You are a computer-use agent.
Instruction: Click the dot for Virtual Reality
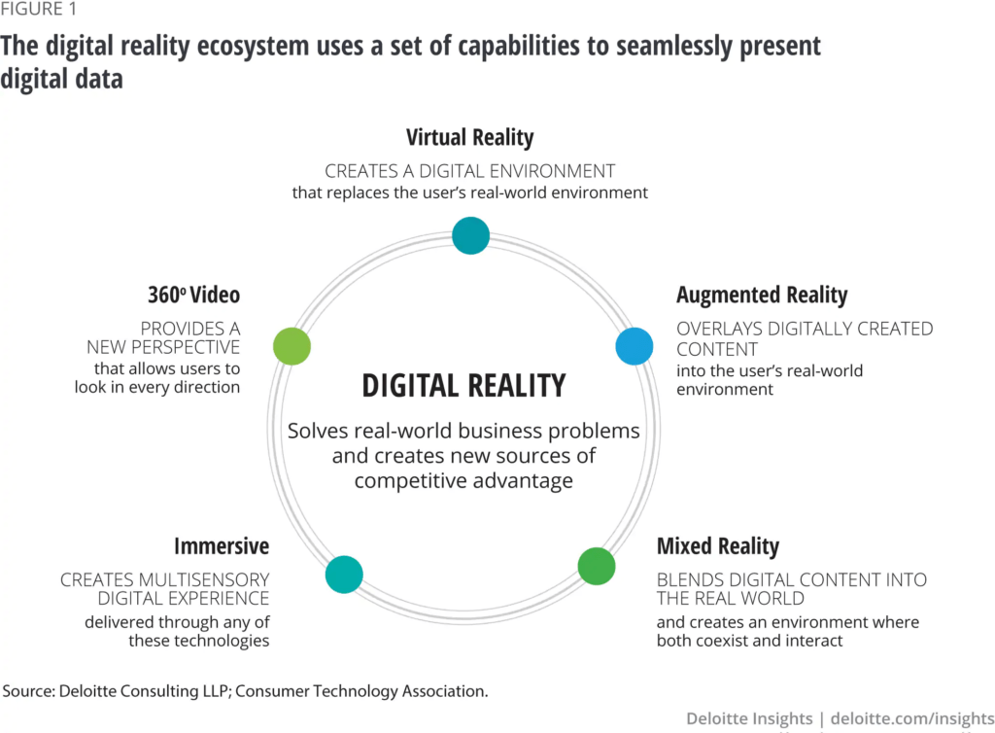pos(471,235)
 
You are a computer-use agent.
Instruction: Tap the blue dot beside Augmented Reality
pos(635,346)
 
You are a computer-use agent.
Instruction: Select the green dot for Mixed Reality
pos(597,566)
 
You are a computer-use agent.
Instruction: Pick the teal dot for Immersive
pos(344,575)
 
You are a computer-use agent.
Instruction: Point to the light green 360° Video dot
pos(292,346)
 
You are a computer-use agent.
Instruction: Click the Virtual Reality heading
pos(469,138)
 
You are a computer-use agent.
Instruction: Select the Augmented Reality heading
pos(762,296)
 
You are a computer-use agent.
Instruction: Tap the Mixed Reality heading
pos(718,546)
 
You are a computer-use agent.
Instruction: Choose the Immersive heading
pos(222,545)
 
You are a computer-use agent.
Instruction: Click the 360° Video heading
pos(193,295)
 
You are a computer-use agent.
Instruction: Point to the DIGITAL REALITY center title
pos(463,385)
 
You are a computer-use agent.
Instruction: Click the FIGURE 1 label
pos(38,9)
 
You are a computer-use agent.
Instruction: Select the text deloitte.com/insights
pos(911,718)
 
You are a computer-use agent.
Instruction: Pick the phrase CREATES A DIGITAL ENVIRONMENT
pos(469,171)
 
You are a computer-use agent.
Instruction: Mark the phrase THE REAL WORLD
pos(731,598)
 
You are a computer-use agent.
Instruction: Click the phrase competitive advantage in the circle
pos(463,481)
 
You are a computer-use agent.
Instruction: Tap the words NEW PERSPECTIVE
pos(163,347)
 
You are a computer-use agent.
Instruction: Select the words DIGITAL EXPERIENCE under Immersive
pos(184,598)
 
